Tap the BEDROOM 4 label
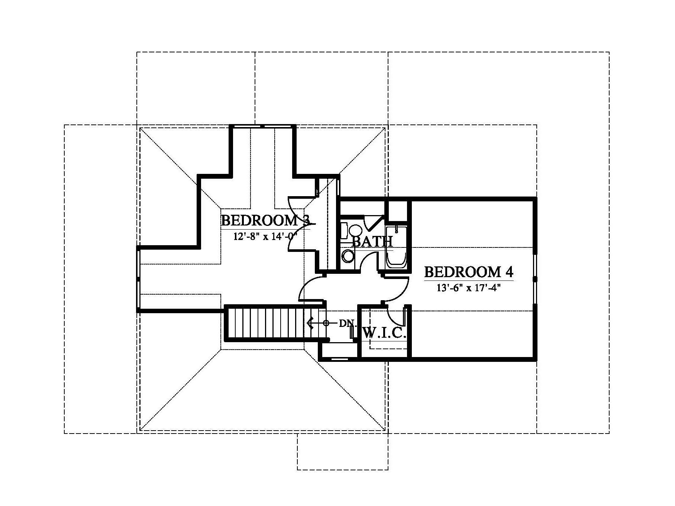(469, 272)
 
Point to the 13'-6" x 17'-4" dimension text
(469, 288)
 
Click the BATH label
(372, 241)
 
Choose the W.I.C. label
(384, 333)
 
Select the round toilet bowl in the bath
(348, 256)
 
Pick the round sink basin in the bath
(356, 230)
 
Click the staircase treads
(273, 321)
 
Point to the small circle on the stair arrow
(326, 323)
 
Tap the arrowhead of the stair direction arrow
(310, 323)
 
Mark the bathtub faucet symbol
(397, 229)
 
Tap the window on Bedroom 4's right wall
(535, 279)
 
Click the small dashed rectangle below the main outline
(342, 452)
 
